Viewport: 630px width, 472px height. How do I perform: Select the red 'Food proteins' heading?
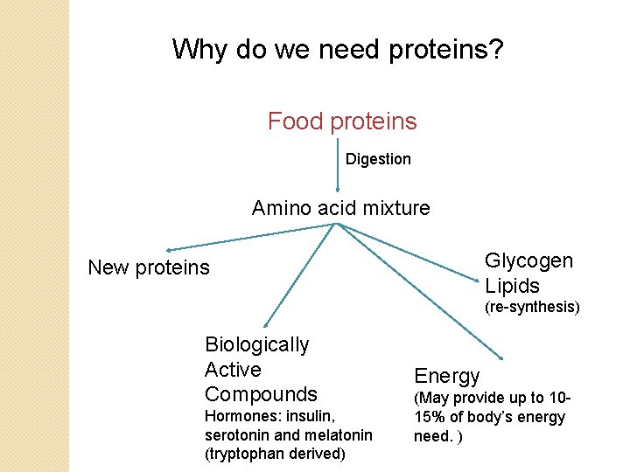tap(342, 121)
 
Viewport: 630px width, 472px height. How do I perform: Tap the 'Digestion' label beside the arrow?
tap(378, 159)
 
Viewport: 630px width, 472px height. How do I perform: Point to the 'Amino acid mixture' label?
tap(341, 208)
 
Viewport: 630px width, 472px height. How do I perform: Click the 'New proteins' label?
tap(149, 267)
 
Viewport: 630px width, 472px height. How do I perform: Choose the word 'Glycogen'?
tap(528, 260)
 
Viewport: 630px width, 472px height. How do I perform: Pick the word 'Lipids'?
tap(513, 286)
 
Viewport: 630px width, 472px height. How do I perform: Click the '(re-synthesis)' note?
tap(533, 307)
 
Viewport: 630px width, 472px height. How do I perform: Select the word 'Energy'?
tap(447, 376)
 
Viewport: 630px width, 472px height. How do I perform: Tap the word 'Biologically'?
tap(256, 344)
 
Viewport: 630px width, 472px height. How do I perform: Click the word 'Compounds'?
tap(261, 393)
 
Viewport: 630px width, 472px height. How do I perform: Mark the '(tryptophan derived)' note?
tap(275, 453)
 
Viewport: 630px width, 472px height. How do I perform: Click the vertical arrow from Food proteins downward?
tap(338, 166)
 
